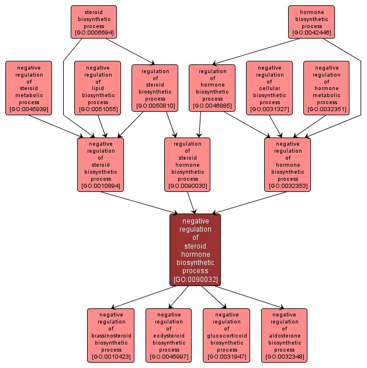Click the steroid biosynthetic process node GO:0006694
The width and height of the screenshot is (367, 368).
click(x=94, y=22)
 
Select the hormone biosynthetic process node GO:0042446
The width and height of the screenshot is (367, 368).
click(x=311, y=22)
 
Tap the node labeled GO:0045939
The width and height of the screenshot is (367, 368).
click(x=29, y=88)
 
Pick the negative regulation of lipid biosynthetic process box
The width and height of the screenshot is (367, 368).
click(x=98, y=88)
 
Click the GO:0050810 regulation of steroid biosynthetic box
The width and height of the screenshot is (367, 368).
click(x=155, y=88)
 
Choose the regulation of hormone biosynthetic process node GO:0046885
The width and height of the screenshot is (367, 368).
click(x=212, y=88)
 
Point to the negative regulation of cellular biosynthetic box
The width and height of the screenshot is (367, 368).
click(x=269, y=88)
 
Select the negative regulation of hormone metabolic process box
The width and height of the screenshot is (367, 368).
click(x=326, y=88)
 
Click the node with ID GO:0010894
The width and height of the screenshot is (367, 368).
click(x=101, y=164)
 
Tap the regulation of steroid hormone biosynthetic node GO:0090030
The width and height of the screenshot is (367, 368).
click(x=187, y=164)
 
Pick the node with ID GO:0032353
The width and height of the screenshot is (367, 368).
click(x=288, y=164)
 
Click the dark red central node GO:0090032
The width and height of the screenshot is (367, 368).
click(x=195, y=250)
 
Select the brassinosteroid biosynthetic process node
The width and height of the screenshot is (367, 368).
click(x=111, y=335)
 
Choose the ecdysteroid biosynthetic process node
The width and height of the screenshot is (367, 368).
click(x=168, y=335)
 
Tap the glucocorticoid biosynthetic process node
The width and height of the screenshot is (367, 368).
click(x=226, y=335)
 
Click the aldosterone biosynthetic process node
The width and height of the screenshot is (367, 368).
click(x=285, y=335)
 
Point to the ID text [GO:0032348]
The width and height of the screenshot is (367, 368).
click(x=285, y=357)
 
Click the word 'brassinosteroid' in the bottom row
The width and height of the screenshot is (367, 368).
click(x=111, y=336)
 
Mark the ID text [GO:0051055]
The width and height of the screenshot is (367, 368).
click(x=98, y=109)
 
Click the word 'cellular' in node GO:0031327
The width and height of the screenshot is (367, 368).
click(x=269, y=88)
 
